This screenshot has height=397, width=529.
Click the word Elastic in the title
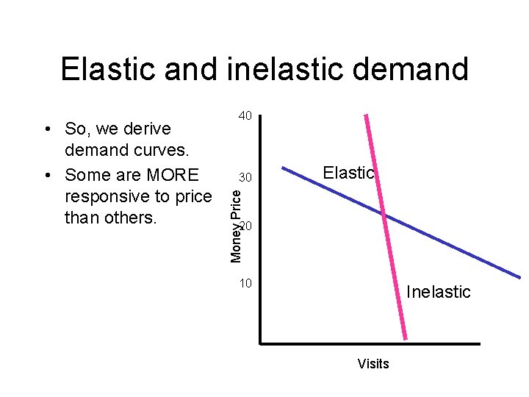click(x=107, y=69)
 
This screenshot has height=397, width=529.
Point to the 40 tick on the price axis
click(x=245, y=116)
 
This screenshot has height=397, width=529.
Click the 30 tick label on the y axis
click(x=245, y=179)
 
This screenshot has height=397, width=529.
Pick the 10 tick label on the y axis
click(x=245, y=283)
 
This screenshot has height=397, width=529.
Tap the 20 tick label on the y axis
click(x=246, y=226)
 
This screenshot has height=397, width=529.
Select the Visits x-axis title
click(x=373, y=364)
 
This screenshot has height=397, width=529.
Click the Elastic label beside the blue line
click(x=349, y=173)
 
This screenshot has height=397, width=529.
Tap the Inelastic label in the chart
click(x=439, y=292)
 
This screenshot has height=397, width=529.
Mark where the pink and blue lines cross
click(x=383, y=214)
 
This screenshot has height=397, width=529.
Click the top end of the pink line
click(x=367, y=116)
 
